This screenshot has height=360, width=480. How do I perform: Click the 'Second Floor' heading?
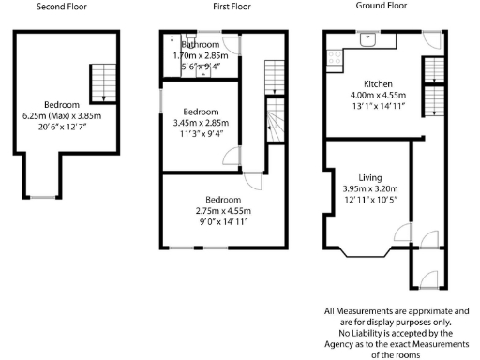coord(62,6)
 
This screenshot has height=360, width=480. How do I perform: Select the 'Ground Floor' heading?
coord(382,6)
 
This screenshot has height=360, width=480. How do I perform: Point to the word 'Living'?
coord(371,177)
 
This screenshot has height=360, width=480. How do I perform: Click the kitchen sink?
coord(367,40)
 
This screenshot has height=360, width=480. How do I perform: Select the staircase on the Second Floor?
coord(100,82)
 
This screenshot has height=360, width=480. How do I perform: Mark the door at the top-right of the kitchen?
coord(428,40)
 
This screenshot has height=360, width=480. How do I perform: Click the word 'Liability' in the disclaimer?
coord(372,332)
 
